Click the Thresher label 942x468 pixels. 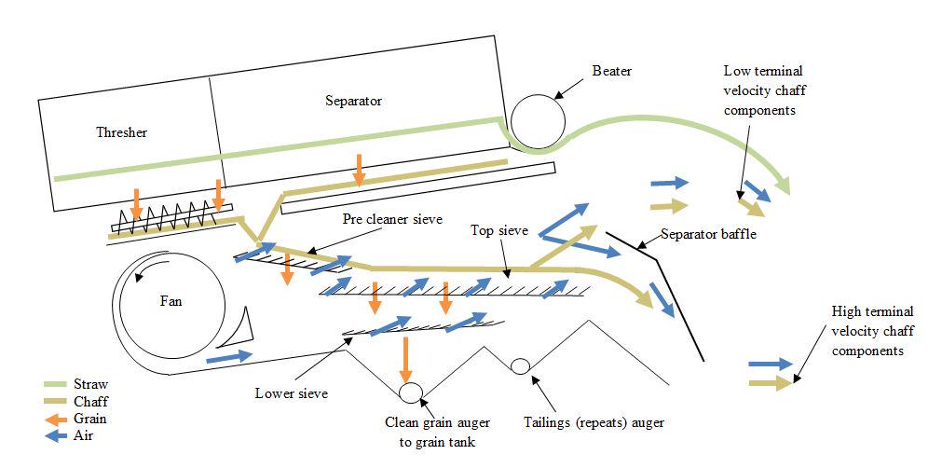(x=121, y=132)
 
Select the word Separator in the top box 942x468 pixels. (x=354, y=101)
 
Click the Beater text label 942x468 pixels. (x=611, y=72)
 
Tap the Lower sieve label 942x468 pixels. (x=292, y=392)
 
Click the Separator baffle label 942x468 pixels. (x=708, y=234)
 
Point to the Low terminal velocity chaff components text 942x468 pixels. (x=763, y=90)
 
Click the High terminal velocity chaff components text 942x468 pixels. (x=872, y=331)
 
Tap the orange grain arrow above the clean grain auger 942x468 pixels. (x=405, y=357)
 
